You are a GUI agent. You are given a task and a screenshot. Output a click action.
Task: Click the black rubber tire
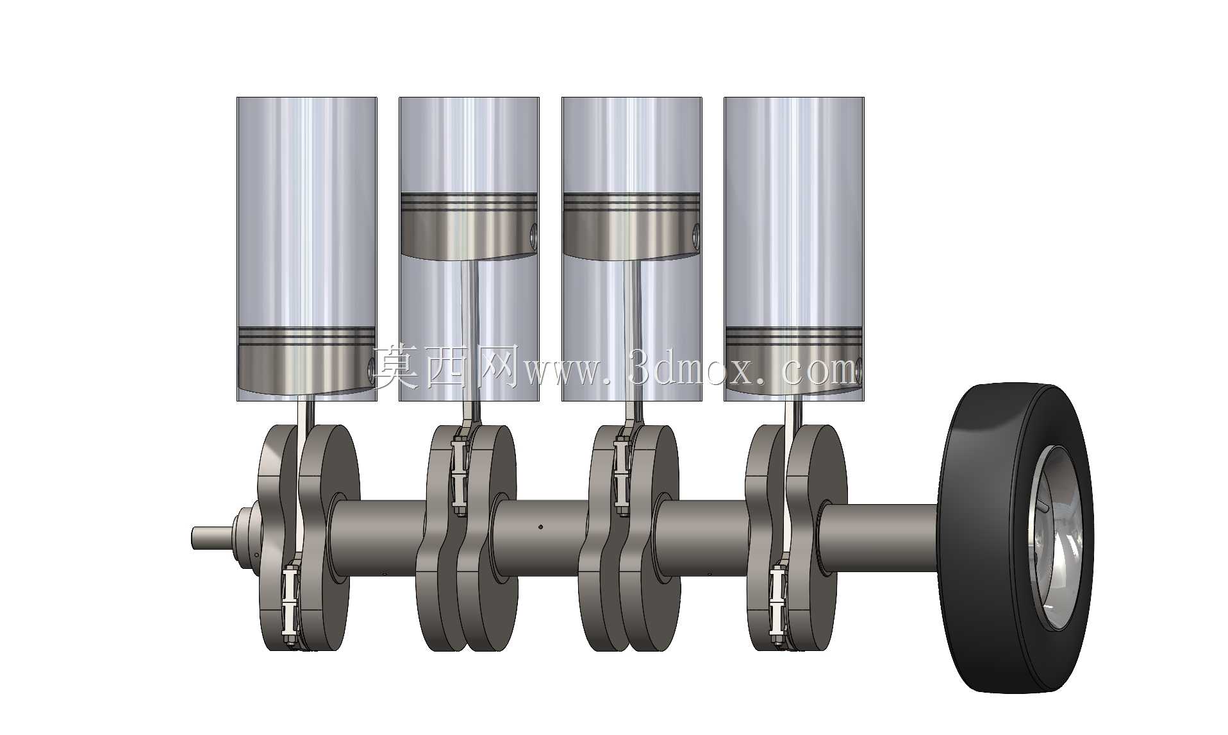(974, 539)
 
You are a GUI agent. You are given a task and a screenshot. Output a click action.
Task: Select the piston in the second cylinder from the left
(469, 226)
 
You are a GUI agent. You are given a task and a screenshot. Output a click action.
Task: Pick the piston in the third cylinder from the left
(631, 226)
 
